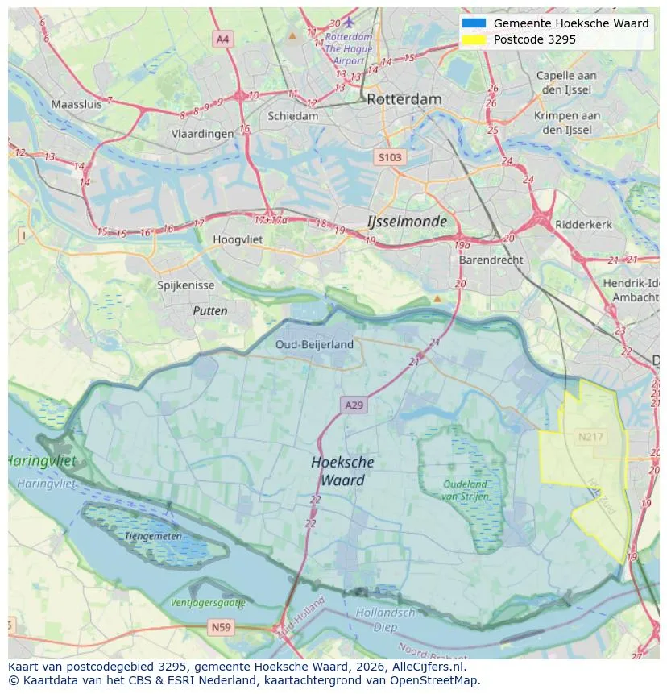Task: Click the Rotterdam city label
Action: [404, 99]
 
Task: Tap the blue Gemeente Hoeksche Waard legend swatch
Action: [474, 23]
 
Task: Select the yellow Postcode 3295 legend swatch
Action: [474, 39]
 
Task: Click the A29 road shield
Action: [354, 405]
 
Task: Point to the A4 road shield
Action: [223, 39]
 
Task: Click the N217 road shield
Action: [590, 437]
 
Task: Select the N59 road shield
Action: [221, 626]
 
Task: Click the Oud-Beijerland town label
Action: [314, 344]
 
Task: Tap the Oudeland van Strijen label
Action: [465, 490]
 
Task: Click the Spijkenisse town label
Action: [186, 285]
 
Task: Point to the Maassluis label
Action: [77, 104]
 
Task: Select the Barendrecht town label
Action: [491, 260]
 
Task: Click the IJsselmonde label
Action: [407, 222]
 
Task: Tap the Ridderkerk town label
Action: [584, 225]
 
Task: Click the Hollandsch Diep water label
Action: [385, 619]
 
